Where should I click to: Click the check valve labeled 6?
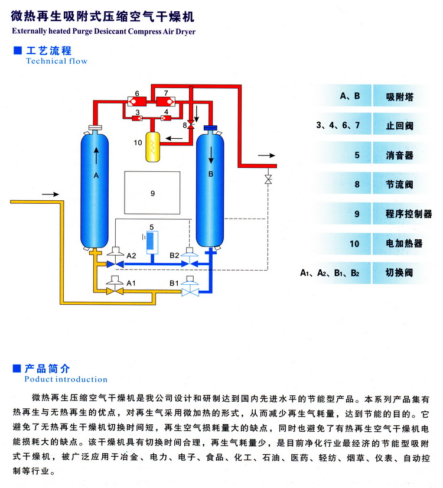click(136, 101)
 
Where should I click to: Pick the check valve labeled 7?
click(166, 101)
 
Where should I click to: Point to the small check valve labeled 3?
click(136, 118)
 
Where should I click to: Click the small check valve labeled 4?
click(166, 118)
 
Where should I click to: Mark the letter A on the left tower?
click(96, 175)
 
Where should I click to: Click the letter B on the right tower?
click(210, 174)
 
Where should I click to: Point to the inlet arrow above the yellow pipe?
click(51, 194)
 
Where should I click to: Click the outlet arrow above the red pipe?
click(267, 155)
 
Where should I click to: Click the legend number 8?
click(357, 185)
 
